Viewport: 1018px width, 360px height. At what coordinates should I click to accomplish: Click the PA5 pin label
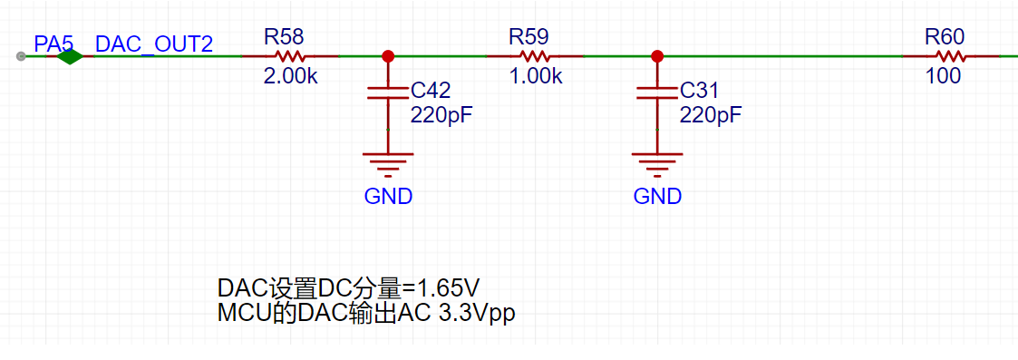pyautogui.click(x=53, y=44)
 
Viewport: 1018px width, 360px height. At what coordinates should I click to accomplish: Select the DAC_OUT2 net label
pyautogui.click(x=154, y=44)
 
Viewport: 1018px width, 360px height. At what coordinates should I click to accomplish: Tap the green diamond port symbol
pyautogui.click(x=70, y=56)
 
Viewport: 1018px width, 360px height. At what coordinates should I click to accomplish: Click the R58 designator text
pyautogui.click(x=284, y=36)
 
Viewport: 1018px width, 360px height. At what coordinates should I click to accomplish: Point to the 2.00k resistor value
pyautogui.click(x=291, y=77)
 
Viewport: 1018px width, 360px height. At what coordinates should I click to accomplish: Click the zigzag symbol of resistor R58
pyautogui.click(x=290, y=56)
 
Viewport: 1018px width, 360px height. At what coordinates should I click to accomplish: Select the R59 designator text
pyautogui.click(x=529, y=36)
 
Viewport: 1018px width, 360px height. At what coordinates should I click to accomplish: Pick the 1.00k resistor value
pyautogui.click(x=536, y=77)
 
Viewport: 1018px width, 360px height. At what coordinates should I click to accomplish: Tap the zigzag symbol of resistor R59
pyautogui.click(x=536, y=56)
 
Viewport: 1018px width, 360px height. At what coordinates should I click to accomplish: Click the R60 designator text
pyautogui.click(x=945, y=36)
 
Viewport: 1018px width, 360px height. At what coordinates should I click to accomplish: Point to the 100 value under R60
pyautogui.click(x=944, y=77)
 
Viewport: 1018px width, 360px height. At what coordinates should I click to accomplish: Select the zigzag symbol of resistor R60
pyautogui.click(x=951, y=56)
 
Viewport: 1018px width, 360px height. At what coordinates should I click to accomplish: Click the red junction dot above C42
pyautogui.click(x=388, y=56)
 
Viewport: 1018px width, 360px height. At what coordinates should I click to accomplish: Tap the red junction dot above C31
pyautogui.click(x=657, y=56)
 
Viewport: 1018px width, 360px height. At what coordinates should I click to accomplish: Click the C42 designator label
pyautogui.click(x=431, y=90)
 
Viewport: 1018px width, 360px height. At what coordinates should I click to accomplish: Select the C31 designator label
pyautogui.click(x=699, y=90)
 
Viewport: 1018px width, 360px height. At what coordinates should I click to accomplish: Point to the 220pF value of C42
pyautogui.click(x=441, y=116)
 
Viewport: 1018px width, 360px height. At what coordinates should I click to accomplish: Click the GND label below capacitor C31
pyautogui.click(x=657, y=196)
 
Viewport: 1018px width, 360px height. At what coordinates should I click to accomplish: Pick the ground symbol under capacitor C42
pyautogui.click(x=388, y=164)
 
